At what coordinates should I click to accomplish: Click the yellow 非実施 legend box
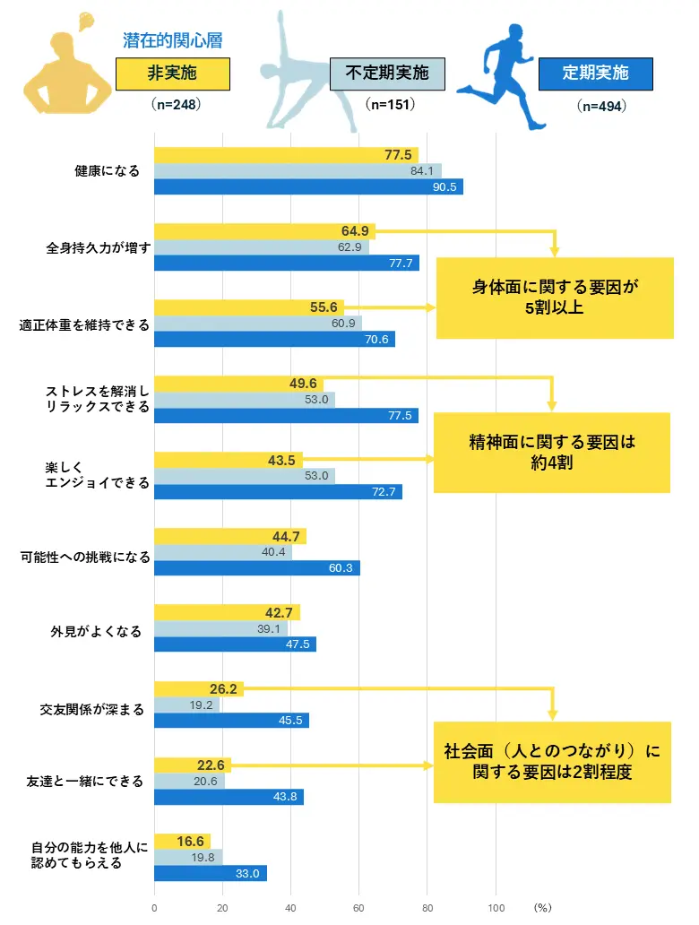pyautogui.click(x=173, y=73)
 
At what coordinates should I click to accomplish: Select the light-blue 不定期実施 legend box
pyautogui.click(x=387, y=73)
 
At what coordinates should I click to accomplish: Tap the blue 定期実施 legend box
pyautogui.click(x=595, y=73)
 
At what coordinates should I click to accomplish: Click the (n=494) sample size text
pyautogui.click(x=601, y=106)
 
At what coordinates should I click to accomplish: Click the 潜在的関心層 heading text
pyautogui.click(x=172, y=40)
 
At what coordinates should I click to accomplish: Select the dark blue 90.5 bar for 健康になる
pyautogui.click(x=308, y=187)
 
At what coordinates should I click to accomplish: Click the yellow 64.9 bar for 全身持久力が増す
pyautogui.click(x=264, y=231)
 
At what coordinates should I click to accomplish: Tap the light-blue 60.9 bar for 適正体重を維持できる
pyautogui.click(x=258, y=323)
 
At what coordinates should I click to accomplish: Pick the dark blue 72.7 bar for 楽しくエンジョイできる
pyautogui.click(x=278, y=492)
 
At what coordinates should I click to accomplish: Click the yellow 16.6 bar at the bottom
pyautogui.click(x=183, y=842)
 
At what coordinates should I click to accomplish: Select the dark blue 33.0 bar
pyautogui.click(x=211, y=873)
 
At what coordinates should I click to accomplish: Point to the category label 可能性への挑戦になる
pyautogui.click(x=85, y=556)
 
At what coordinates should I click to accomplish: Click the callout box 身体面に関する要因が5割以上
pyautogui.click(x=555, y=298)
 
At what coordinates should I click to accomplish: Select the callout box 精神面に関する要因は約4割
pyautogui.click(x=552, y=453)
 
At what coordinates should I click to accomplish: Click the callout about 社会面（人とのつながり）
pyautogui.click(x=552, y=761)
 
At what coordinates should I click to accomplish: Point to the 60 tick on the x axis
pyautogui.click(x=358, y=907)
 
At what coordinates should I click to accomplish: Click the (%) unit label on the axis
pyautogui.click(x=543, y=907)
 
